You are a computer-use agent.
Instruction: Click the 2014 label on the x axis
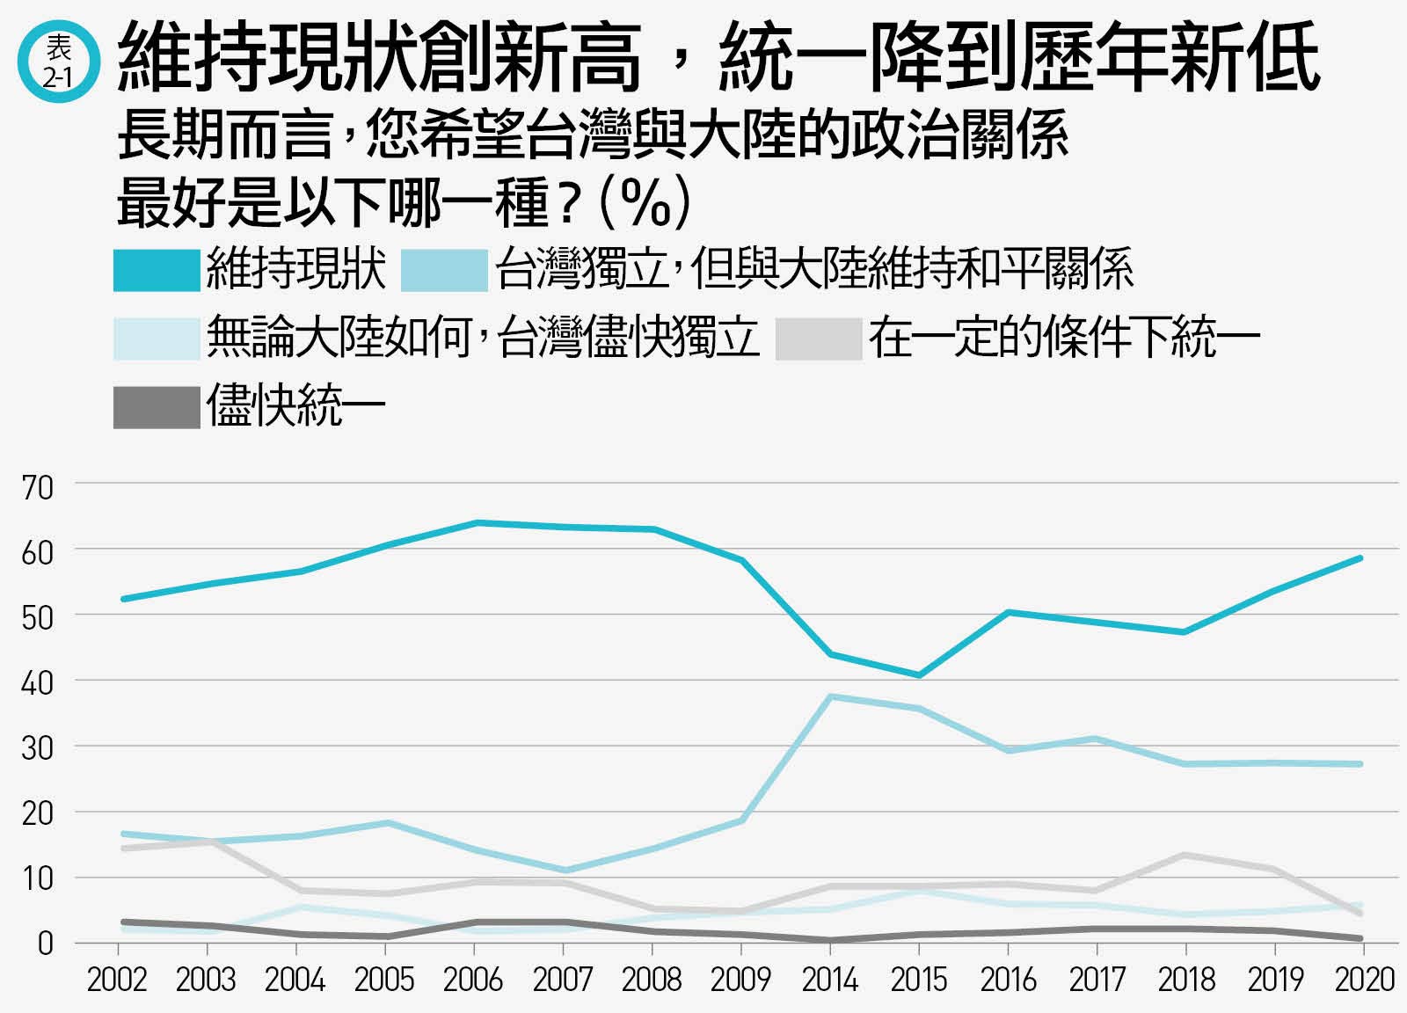point(830,980)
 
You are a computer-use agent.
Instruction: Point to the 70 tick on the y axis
point(38,488)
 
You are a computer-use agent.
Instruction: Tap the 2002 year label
point(117,980)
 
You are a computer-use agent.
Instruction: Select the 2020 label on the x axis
point(1364,980)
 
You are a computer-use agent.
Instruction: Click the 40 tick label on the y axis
point(38,683)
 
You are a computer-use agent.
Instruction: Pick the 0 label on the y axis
point(45,944)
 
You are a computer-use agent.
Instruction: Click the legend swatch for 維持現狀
point(157,271)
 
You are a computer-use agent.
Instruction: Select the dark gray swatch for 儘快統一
point(157,408)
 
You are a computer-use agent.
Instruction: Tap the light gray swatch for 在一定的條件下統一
point(819,339)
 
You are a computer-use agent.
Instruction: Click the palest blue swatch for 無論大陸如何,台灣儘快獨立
point(157,339)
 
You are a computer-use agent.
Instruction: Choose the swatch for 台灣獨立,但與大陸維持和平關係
point(445,271)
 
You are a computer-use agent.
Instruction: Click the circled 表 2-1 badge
point(59,61)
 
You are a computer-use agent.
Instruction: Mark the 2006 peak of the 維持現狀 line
point(478,521)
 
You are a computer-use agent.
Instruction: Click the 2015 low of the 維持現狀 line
point(919,675)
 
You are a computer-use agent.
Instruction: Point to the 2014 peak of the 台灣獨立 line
point(830,696)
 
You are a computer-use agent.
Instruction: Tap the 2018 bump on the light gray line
point(1185,856)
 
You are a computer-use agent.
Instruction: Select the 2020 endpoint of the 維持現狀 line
point(1360,558)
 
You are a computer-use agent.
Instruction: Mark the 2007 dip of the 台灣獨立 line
point(565,871)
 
